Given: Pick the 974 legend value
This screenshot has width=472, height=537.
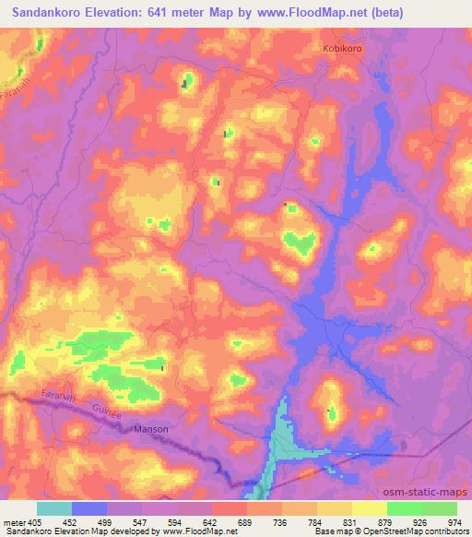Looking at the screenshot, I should (x=454, y=522).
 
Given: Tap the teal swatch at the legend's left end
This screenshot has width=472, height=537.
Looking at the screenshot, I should (x=54, y=508).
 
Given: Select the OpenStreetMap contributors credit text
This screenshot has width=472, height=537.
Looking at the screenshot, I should (x=405, y=532).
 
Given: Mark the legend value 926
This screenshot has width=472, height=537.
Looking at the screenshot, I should (x=419, y=522).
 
